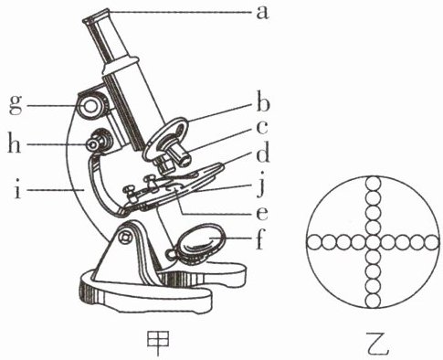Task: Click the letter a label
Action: pyautogui.click(x=262, y=14)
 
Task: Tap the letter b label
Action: pyautogui.click(x=262, y=104)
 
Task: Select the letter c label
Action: pyautogui.click(x=262, y=128)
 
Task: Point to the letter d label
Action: pyautogui.click(x=262, y=153)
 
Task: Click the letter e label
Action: pyautogui.click(x=262, y=214)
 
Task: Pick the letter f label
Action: pyautogui.click(x=259, y=239)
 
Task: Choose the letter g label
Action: pyautogui.click(x=16, y=105)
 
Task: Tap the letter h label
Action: pyautogui.click(x=14, y=143)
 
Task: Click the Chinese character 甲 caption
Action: pyautogui.click(x=158, y=343)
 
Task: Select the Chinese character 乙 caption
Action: pyautogui.click(x=377, y=344)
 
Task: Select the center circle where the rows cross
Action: pyautogui.click(x=373, y=243)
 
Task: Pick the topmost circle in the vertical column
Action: pyautogui.click(x=373, y=184)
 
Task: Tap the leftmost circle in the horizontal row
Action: pyautogui.click(x=313, y=243)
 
